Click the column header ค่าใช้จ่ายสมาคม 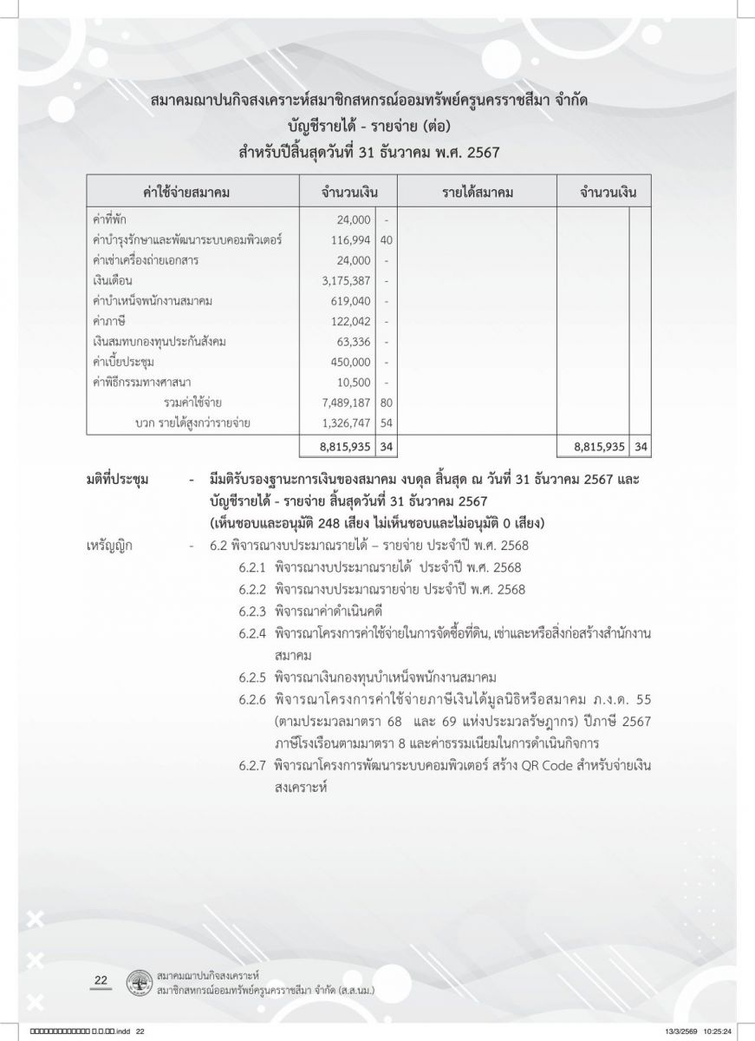pos(192,192)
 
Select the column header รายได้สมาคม pos(477,192)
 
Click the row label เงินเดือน pos(110,280)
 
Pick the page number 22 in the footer pos(100,980)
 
